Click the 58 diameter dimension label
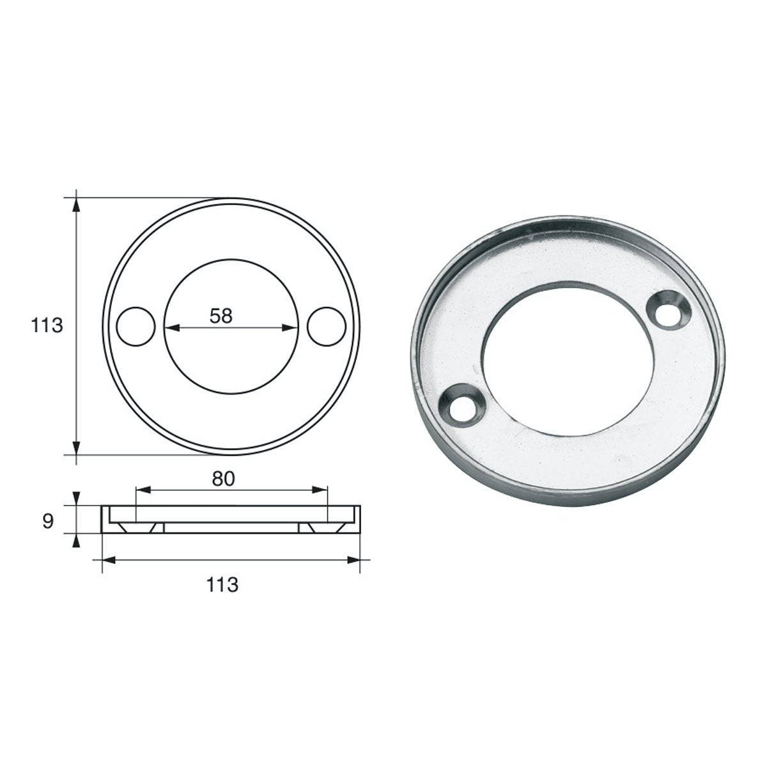[x=221, y=316]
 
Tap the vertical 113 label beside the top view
[x=47, y=325]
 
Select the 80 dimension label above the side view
[x=223, y=479]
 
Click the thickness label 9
[x=48, y=521]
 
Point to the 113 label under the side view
[x=222, y=585]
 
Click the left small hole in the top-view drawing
[x=136, y=327]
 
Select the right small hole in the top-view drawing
[x=327, y=327]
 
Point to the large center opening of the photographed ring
[x=567, y=358]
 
